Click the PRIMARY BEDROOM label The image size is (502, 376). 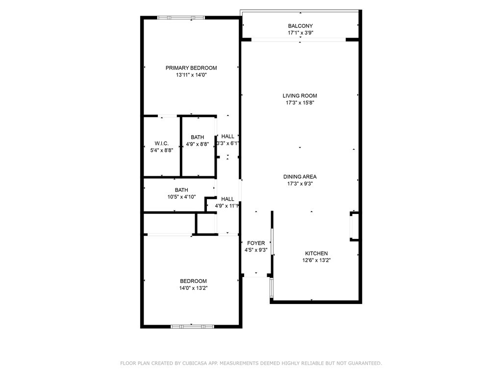(191, 68)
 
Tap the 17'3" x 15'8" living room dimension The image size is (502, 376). (300, 103)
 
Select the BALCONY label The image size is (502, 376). (301, 26)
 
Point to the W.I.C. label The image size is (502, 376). (162, 143)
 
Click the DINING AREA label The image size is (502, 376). (300, 176)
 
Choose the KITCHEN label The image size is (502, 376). (316, 253)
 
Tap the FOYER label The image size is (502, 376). (256, 243)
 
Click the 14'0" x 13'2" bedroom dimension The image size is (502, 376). (193, 288)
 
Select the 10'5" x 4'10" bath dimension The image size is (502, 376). (181, 197)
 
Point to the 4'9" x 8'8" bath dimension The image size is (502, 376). (198, 144)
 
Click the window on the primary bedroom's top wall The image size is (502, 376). (181, 18)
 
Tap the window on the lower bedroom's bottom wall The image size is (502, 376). (192, 327)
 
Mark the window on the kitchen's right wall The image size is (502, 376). (354, 226)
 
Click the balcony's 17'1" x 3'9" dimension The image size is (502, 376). (301, 33)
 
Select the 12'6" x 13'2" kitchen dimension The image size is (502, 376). (316, 260)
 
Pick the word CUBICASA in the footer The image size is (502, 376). (195, 363)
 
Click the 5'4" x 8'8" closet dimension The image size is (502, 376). (162, 150)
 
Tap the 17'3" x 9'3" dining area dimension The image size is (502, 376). (300, 184)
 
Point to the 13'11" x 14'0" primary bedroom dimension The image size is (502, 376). (191, 75)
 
